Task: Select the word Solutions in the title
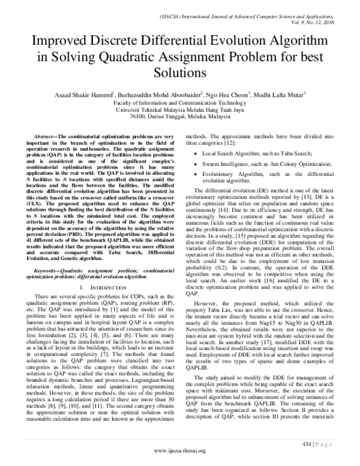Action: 180,73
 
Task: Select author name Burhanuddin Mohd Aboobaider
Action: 163,94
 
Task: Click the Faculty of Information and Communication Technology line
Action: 180,103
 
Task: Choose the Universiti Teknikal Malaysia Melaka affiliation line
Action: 180,110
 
